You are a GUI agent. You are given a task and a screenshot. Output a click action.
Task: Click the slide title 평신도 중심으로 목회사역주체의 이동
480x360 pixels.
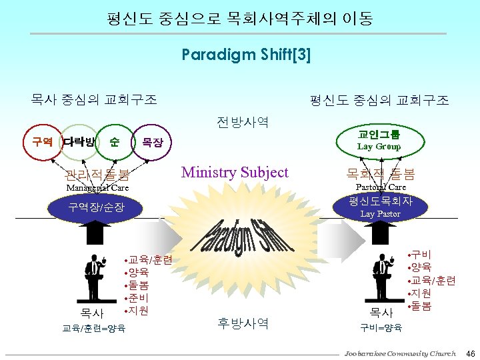click(x=239, y=18)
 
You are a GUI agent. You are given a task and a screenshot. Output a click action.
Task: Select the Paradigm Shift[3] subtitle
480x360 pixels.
click(x=246, y=55)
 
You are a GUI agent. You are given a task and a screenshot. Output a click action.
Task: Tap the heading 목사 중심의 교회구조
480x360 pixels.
click(x=93, y=100)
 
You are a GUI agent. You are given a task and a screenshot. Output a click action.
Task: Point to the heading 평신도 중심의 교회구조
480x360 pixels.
click(x=379, y=101)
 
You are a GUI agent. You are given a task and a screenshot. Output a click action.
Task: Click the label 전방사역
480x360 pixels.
click(x=243, y=122)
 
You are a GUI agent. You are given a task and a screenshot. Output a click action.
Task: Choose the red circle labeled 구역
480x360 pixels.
click(x=43, y=142)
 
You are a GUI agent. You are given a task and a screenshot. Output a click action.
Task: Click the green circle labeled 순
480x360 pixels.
click(x=115, y=142)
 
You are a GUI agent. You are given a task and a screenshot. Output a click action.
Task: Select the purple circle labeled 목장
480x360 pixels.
click(x=152, y=143)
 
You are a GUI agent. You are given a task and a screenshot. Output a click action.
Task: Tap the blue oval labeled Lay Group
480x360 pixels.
click(x=379, y=139)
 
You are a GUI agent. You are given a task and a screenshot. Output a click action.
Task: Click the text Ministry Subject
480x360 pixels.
click(x=235, y=173)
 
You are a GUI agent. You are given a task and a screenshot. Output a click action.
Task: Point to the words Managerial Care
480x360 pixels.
click(x=97, y=188)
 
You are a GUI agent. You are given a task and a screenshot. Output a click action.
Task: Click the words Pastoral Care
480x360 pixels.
click(x=381, y=187)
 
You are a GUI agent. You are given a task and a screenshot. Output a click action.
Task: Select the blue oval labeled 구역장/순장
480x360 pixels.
click(x=96, y=207)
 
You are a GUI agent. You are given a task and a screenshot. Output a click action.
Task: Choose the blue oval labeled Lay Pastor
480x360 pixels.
click(x=380, y=207)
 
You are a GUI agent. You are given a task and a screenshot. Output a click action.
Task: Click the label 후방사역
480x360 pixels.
click(x=243, y=324)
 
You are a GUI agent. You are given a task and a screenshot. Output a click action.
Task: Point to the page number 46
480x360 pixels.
click(x=470, y=353)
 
